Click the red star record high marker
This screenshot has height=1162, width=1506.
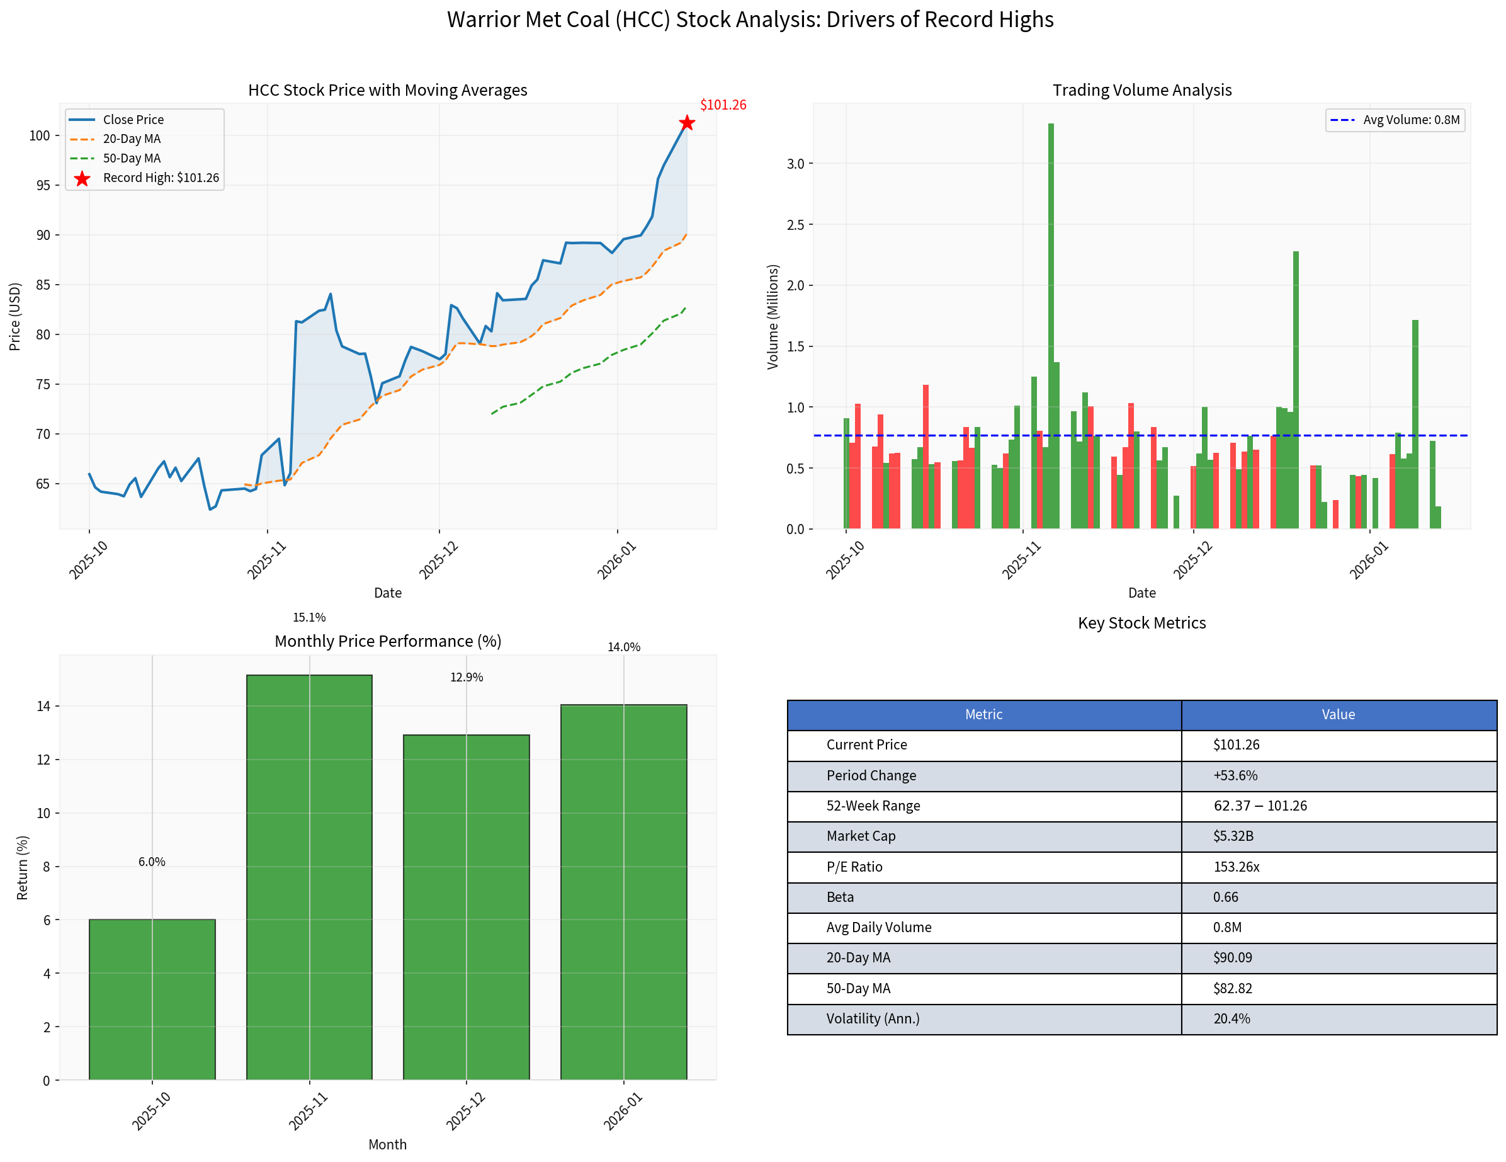687,123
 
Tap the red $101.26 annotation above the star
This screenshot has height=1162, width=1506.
723,105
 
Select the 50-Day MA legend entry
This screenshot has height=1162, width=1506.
131,159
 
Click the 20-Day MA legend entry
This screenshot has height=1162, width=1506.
131,139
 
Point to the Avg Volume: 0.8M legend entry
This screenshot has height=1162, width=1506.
1410,120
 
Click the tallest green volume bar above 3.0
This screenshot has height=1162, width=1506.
1050,324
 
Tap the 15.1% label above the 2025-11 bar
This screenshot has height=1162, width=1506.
309,618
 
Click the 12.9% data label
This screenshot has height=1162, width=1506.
466,677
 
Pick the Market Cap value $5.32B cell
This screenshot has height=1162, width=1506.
1233,836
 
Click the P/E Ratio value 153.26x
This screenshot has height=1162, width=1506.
1236,867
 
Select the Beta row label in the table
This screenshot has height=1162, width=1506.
840,897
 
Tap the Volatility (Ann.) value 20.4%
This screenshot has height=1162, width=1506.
1231,1018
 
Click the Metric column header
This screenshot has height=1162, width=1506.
983,714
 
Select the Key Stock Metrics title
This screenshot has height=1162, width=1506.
1141,624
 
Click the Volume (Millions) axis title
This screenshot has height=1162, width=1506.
773,317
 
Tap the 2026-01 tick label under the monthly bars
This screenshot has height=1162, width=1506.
623,1111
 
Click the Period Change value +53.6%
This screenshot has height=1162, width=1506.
1235,776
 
